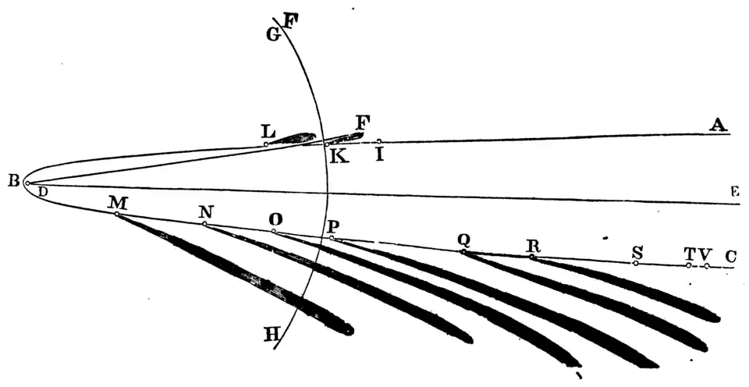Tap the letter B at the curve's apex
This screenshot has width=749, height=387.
click(13, 181)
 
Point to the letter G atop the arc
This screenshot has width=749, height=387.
click(272, 34)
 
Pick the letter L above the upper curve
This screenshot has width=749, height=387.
click(268, 130)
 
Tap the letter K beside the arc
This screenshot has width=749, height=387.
click(339, 157)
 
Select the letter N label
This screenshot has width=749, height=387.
click(205, 212)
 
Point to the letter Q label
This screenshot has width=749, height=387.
click(464, 240)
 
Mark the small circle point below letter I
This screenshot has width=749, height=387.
click(379, 141)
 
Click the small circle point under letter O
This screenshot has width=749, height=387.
click(274, 231)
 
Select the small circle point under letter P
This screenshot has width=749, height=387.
click(332, 238)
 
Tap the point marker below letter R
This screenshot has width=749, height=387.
click(532, 257)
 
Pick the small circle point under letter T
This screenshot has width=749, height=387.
click(688, 265)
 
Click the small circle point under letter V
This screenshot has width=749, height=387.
click(706, 266)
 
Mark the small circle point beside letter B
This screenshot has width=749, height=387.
click(27, 183)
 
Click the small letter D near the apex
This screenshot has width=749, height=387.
click(43, 191)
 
